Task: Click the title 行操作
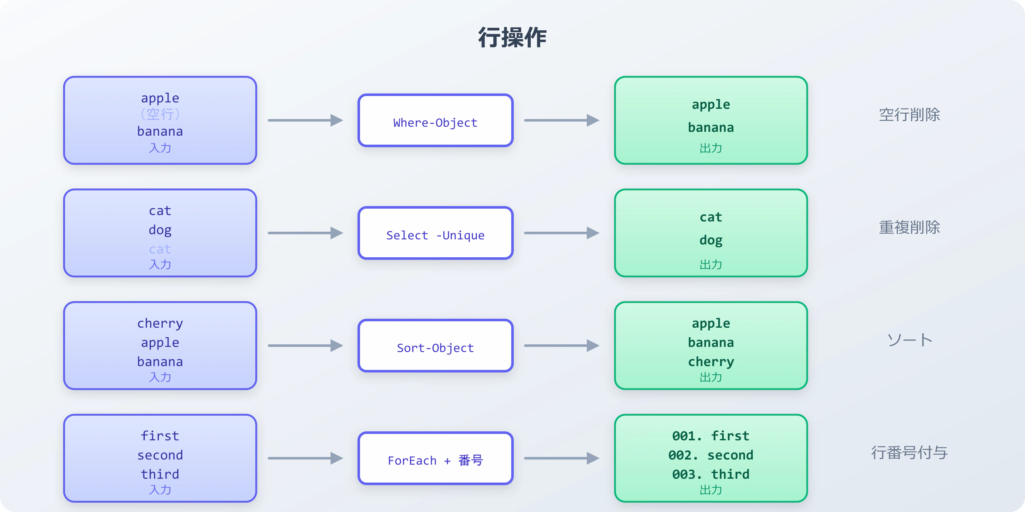(512, 38)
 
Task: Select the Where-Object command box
(435, 120)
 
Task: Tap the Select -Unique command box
(435, 233)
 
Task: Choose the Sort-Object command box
(435, 346)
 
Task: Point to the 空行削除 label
(909, 115)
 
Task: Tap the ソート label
(909, 340)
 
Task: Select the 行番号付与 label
(909, 452)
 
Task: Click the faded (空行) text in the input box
(160, 115)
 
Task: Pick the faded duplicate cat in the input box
(160, 249)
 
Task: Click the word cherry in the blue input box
(160, 323)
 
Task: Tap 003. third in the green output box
(711, 474)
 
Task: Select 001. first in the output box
(711, 436)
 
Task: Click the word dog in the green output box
(711, 240)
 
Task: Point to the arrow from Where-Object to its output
(561, 120)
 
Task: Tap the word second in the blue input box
(160, 455)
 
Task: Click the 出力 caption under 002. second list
(711, 490)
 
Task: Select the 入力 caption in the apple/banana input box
(160, 148)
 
